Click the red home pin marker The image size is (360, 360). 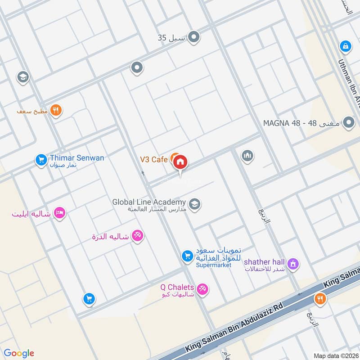click(180, 162)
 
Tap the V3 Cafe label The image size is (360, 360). click(153, 159)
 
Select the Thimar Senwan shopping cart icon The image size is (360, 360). click(41, 159)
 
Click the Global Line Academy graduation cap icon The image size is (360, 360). click(194, 205)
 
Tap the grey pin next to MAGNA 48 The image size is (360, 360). click(348, 122)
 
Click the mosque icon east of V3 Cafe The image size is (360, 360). click(247, 156)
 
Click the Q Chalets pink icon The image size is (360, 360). click(203, 290)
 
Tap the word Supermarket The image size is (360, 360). click(214, 265)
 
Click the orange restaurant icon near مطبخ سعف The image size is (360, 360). click(56, 110)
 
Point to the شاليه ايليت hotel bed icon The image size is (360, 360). click(58, 213)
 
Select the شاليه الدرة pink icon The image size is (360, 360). click(138, 236)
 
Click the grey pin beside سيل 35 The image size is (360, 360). click(194, 37)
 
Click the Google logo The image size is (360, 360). click(19, 353)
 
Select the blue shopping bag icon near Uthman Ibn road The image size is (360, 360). click(345, 45)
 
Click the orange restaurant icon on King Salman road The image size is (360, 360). click(320, 298)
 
